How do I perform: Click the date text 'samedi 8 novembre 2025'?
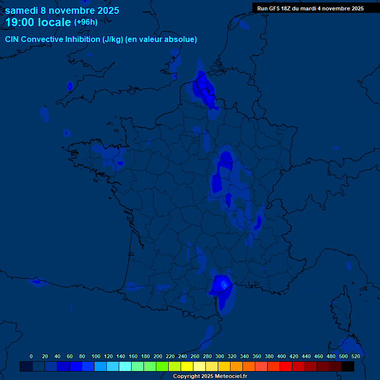(x=62, y=10)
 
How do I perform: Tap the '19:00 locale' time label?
(x=38, y=22)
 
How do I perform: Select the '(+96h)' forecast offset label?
(x=86, y=22)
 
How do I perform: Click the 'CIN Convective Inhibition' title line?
(x=101, y=40)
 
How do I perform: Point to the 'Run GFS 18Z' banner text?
(x=310, y=8)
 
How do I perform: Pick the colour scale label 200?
(x=158, y=356)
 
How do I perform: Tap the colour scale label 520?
(x=355, y=356)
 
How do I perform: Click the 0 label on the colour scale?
(x=31, y=356)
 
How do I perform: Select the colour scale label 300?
(x=220, y=356)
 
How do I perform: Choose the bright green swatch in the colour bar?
(x=162, y=367)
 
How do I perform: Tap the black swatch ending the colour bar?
(x=347, y=367)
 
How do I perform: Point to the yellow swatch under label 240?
(x=187, y=367)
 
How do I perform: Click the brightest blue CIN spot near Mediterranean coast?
(x=224, y=285)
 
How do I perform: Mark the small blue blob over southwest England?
(x=70, y=86)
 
